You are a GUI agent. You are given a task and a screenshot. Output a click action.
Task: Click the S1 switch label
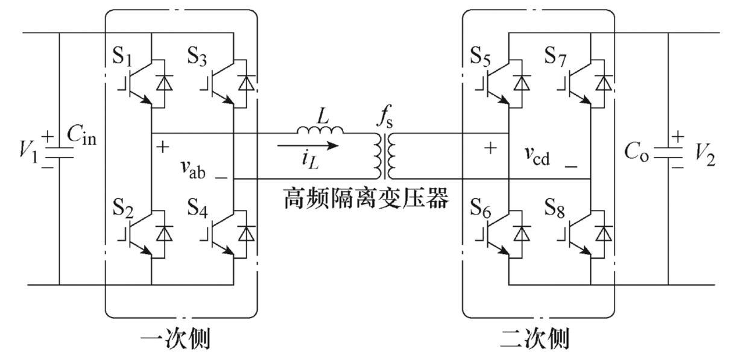(x=122, y=56)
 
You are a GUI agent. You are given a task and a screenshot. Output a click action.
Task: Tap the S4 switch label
(x=197, y=207)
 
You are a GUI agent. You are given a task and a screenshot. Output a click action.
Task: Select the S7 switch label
(x=555, y=56)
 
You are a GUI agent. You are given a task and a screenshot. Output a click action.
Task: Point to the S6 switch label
(x=481, y=208)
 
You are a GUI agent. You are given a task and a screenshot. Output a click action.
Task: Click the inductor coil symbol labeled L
(x=320, y=130)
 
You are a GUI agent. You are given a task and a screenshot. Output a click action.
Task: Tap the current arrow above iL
(x=308, y=145)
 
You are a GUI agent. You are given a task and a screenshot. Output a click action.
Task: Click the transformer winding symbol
(x=385, y=156)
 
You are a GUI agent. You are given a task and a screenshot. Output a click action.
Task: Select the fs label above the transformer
(x=385, y=116)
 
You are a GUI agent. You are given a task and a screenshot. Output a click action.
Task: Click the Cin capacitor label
(x=81, y=134)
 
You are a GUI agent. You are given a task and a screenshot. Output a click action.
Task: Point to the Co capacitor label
(x=636, y=151)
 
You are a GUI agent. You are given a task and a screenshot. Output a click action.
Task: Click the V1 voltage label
(x=29, y=153)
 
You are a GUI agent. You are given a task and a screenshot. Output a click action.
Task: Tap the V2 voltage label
(x=705, y=155)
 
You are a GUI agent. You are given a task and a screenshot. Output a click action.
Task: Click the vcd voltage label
(x=537, y=156)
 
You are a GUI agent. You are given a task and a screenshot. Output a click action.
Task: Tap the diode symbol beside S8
(x=604, y=233)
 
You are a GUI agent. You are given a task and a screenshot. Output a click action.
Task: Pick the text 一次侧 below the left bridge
(x=175, y=339)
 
